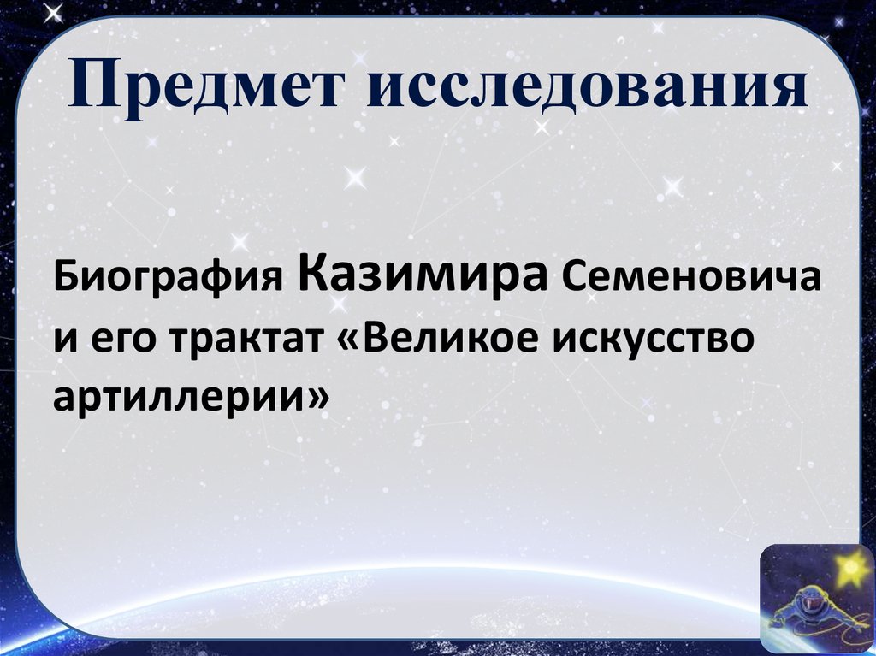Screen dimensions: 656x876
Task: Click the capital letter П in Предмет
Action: tap(88, 90)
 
